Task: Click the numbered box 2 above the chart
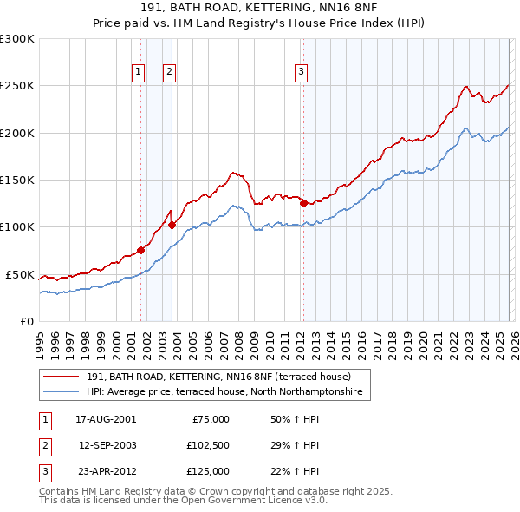coord(170,72)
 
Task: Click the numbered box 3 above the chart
coord(301,72)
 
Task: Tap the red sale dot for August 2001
coord(140,250)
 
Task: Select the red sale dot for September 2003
coord(172,225)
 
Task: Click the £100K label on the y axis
coord(17,226)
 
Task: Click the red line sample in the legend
coord(62,377)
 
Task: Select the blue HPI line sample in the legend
coord(62,392)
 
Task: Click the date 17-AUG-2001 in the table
coord(106,419)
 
